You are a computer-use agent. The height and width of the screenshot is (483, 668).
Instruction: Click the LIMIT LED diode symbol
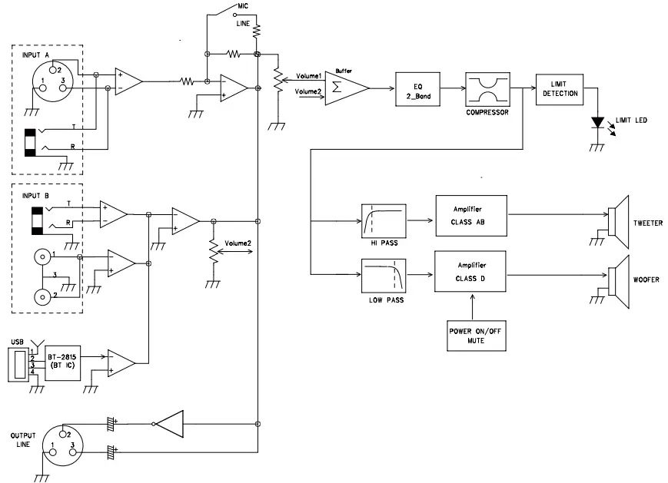pos(597,122)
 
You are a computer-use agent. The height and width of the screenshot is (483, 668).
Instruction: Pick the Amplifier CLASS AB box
pos(470,217)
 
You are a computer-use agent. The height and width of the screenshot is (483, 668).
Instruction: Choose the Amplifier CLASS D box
pos(470,270)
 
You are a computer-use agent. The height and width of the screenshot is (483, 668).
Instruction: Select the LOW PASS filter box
pos(384,276)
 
